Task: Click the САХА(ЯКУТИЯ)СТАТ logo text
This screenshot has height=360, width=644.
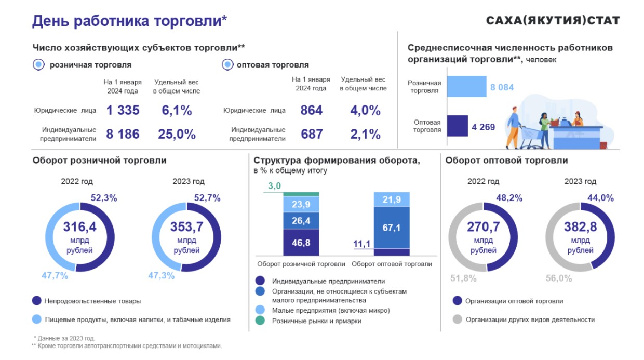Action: coord(553,20)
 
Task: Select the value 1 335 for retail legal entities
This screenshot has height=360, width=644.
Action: coord(123,110)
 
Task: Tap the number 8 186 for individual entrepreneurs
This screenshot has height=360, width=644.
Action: coord(123,134)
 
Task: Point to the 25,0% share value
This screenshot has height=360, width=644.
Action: coord(177,134)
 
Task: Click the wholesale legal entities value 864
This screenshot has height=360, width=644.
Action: coord(312,110)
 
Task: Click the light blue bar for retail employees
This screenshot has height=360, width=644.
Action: coord(466,87)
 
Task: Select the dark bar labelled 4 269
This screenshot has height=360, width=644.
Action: coord(457,126)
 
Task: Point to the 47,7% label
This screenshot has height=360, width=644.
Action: coord(55,276)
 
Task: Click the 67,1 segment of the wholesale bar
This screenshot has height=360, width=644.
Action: coord(392,228)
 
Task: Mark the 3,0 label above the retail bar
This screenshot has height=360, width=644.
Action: coord(274,186)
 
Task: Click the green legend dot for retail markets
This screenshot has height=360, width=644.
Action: coord(260,321)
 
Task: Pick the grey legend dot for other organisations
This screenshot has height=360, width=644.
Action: coord(457,319)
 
